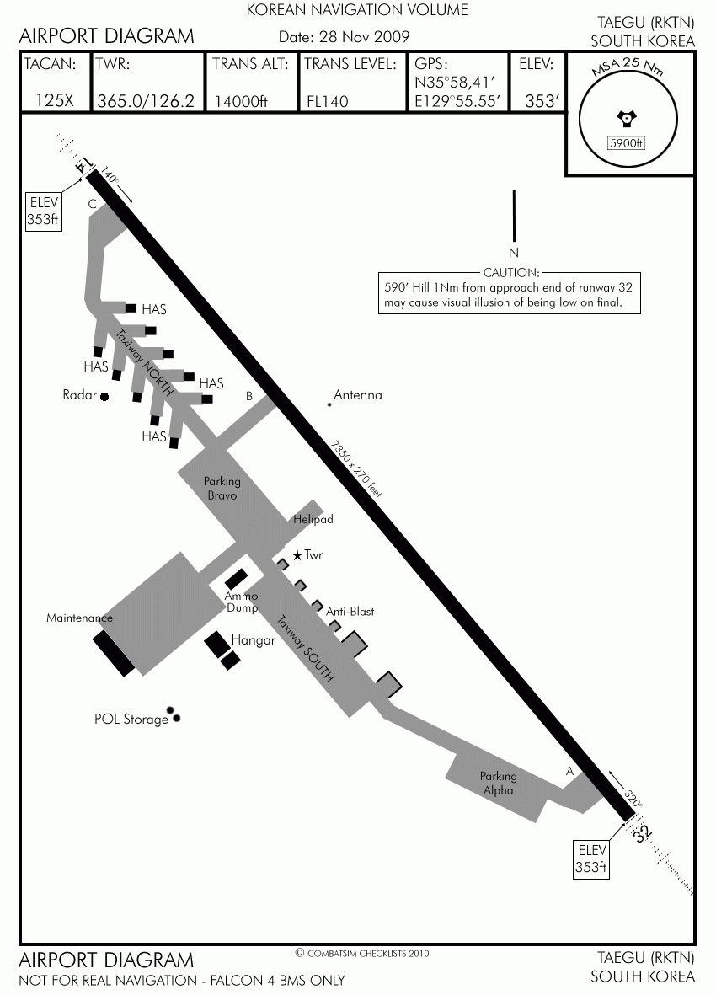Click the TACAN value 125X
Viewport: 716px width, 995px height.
(55, 100)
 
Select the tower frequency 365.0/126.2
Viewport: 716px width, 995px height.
(146, 101)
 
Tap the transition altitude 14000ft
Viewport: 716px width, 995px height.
(241, 101)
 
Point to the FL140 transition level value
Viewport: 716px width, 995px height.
(327, 101)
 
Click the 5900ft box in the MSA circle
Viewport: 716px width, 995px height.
(626, 143)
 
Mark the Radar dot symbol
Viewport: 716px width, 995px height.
(104, 397)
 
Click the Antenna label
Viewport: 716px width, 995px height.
(358, 394)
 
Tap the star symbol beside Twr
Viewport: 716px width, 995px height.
(297, 555)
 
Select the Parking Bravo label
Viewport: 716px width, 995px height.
(222, 488)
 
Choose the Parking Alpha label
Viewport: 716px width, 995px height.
(498, 783)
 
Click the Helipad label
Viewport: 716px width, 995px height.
(313, 519)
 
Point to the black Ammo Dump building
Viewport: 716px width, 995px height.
(237, 579)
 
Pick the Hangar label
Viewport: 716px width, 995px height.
(253, 639)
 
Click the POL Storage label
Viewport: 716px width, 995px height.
(131, 719)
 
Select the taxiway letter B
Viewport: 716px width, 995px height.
(249, 396)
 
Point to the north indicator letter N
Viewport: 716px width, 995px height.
(514, 253)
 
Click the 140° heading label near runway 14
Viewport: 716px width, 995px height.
(109, 176)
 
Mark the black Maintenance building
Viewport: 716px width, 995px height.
(114, 655)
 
